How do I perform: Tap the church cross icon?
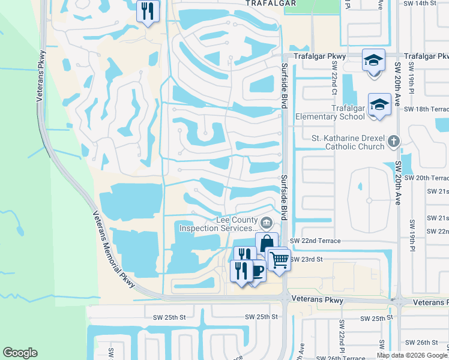click(x=394, y=142)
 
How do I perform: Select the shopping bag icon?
click(x=267, y=243)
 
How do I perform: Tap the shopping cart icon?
click(x=279, y=260)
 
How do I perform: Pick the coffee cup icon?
click(x=256, y=271)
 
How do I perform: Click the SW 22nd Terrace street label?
click(x=315, y=241)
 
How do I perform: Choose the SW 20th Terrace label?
click(x=426, y=178)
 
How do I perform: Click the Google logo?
click(x=20, y=353)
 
